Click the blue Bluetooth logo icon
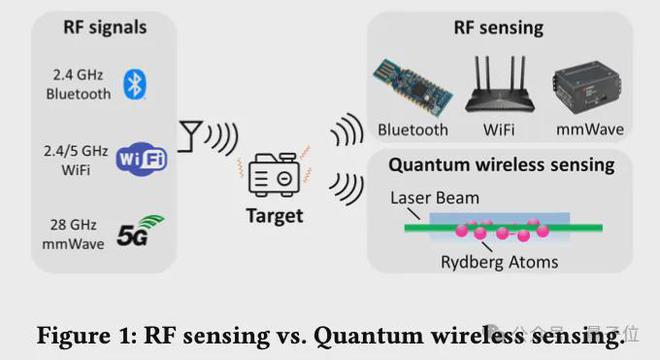(135, 84)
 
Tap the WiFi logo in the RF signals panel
(141, 159)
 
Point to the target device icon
(274, 177)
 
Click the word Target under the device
(275, 215)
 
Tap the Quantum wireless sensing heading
(500, 164)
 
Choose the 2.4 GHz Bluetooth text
(74, 84)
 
